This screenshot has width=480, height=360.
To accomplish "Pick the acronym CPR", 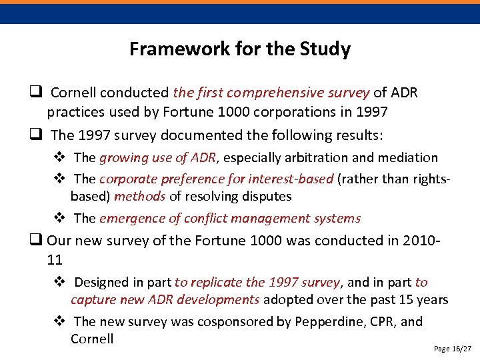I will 376,322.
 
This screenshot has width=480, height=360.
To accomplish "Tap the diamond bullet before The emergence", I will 59,218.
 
